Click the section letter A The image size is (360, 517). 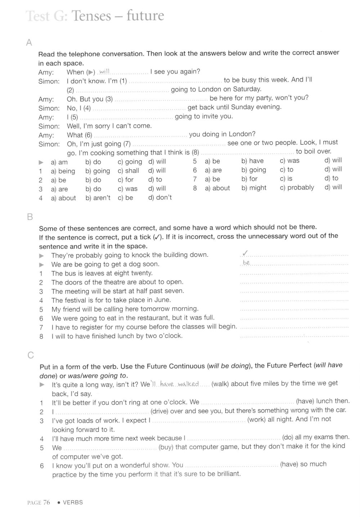(29, 43)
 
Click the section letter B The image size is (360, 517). (30, 217)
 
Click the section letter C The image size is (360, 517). (31, 355)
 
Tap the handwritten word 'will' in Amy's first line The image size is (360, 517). (104, 71)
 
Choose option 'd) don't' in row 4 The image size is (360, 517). (160, 197)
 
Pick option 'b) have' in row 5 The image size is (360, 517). (252, 161)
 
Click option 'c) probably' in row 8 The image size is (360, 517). (297, 188)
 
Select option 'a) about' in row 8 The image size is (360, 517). (217, 188)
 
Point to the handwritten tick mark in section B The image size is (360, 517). (245, 253)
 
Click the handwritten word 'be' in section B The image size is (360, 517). (246, 263)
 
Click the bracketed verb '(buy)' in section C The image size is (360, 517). (166, 447)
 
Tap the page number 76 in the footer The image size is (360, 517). (46, 502)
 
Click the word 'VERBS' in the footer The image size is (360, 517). (73, 502)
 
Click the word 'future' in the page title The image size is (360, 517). (145, 16)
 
